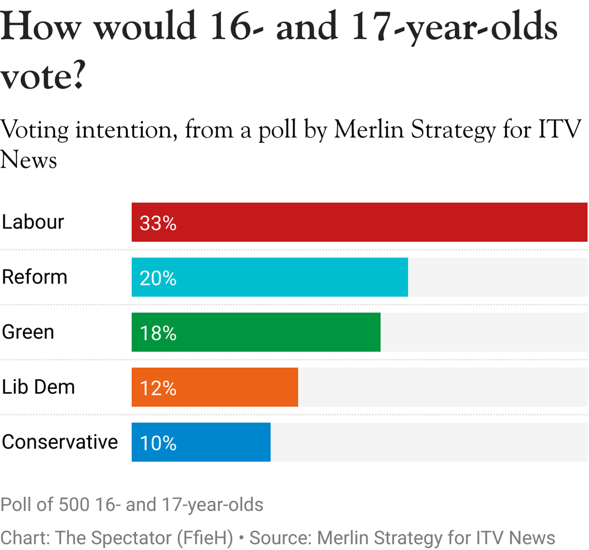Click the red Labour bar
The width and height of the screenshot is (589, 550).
[359, 222]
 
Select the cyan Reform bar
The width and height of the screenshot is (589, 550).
[269, 277]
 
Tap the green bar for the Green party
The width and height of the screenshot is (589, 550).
[256, 332]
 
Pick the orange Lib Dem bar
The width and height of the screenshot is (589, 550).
[215, 387]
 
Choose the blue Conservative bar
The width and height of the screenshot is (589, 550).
[201, 442]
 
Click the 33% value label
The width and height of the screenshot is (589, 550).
[158, 223]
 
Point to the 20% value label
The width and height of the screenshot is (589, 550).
[158, 278]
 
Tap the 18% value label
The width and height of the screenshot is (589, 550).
[158, 333]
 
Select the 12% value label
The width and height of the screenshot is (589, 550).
[158, 388]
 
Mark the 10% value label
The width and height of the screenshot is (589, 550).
[158, 443]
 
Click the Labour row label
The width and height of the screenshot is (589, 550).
[33, 222]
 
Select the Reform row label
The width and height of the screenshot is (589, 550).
[34, 277]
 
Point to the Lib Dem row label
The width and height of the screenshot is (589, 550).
[38, 387]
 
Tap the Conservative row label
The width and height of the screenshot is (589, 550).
[60, 442]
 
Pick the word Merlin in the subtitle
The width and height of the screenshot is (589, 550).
[368, 129]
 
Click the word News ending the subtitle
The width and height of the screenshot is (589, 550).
[28, 160]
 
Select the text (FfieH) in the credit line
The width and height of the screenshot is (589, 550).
[205, 538]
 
